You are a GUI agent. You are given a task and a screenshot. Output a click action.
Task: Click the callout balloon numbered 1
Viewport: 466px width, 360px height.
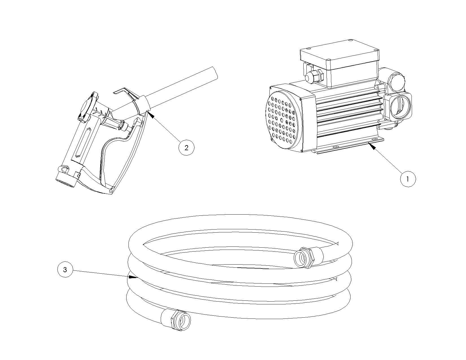pyautogui.click(x=408, y=179)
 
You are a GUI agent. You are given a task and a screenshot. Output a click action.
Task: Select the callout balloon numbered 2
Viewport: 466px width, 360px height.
pyautogui.click(x=186, y=148)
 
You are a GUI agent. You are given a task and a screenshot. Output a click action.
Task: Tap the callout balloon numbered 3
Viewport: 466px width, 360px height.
pyautogui.click(x=65, y=270)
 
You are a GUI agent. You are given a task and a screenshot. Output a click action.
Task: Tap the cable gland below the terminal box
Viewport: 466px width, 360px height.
pyautogui.click(x=313, y=77)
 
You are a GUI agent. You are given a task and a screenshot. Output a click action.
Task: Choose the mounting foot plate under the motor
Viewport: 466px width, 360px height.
pyautogui.click(x=347, y=146)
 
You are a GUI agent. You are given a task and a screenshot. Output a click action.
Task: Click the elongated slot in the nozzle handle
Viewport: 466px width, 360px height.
pyautogui.click(x=83, y=143)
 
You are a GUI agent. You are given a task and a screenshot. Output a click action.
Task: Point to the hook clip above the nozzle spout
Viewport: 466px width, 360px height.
pyautogui.click(x=127, y=93)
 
